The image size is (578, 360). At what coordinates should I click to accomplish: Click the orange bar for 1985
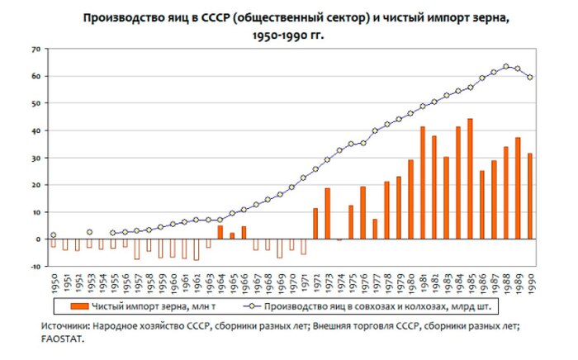click(470, 179)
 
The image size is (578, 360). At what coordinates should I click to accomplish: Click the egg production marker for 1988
click(505, 67)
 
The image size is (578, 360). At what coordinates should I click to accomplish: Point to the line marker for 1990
click(529, 78)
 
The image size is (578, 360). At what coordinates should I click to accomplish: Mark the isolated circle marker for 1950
click(54, 235)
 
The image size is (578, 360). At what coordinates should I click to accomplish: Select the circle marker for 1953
click(89, 233)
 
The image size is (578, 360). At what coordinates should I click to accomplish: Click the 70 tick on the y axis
click(35, 50)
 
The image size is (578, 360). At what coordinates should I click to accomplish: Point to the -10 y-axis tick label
click(34, 267)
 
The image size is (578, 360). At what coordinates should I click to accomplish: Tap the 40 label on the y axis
click(35, 131)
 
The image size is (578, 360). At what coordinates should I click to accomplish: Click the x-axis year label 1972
click(315, 283)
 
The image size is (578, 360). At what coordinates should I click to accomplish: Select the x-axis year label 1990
click(529, 283)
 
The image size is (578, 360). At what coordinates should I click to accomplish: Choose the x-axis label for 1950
click(54, 283)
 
